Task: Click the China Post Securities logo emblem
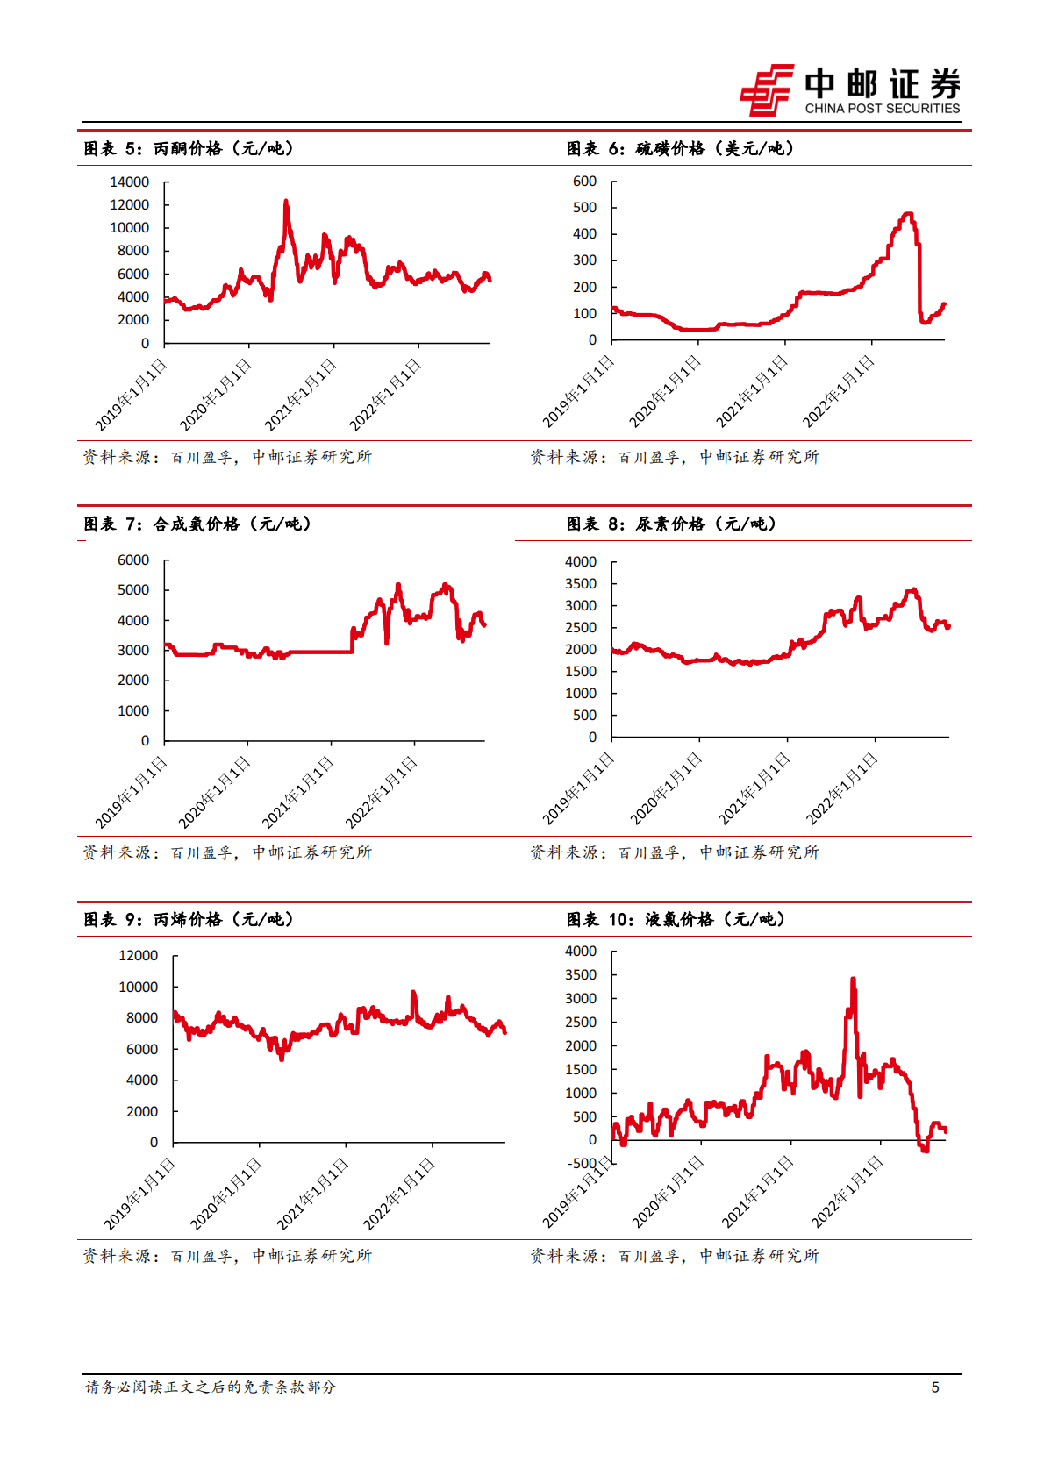tap(766, 89)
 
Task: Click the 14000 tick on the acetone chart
tap(129, 182)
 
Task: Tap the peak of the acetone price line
tap(286, 203)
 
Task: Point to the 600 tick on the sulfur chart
tap(584, 182)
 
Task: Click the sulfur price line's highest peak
tap(908, 214)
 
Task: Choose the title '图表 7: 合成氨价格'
tap(197, 524)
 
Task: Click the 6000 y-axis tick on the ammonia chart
tap(133, 560)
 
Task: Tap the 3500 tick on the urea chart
tap(580, 584)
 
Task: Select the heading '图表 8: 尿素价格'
tap(670, 524)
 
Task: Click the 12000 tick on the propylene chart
tap(138, 956)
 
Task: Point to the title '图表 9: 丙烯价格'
tap(188, 920)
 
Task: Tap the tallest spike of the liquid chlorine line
tap(853, 980)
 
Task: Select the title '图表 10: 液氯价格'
tap(675, 920)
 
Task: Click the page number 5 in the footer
tap(935, 1387)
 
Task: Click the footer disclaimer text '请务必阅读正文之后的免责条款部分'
tap(211, 1387)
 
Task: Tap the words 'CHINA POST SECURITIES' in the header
tap(882, 109)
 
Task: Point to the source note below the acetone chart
tap(227, 457)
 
